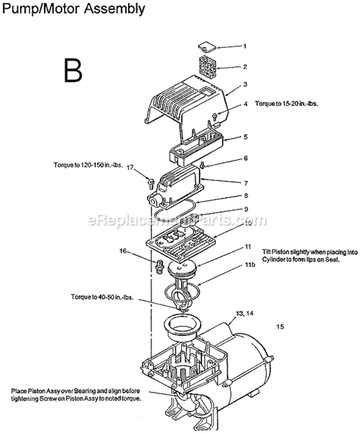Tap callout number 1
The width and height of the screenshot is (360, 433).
pyautogui.click(x=244, y=46)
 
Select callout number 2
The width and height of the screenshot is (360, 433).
pyautogui.click(x=245, y=66)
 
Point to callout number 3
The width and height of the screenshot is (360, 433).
pyautogui.click(x=245, y=84)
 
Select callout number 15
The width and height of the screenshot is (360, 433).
pyautogui.click(x=280, y=327)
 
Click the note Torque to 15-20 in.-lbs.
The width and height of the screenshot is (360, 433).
pyautogui.click(x=287, y=104)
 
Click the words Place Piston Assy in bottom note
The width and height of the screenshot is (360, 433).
pyautogui.click(x=34, y=391)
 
